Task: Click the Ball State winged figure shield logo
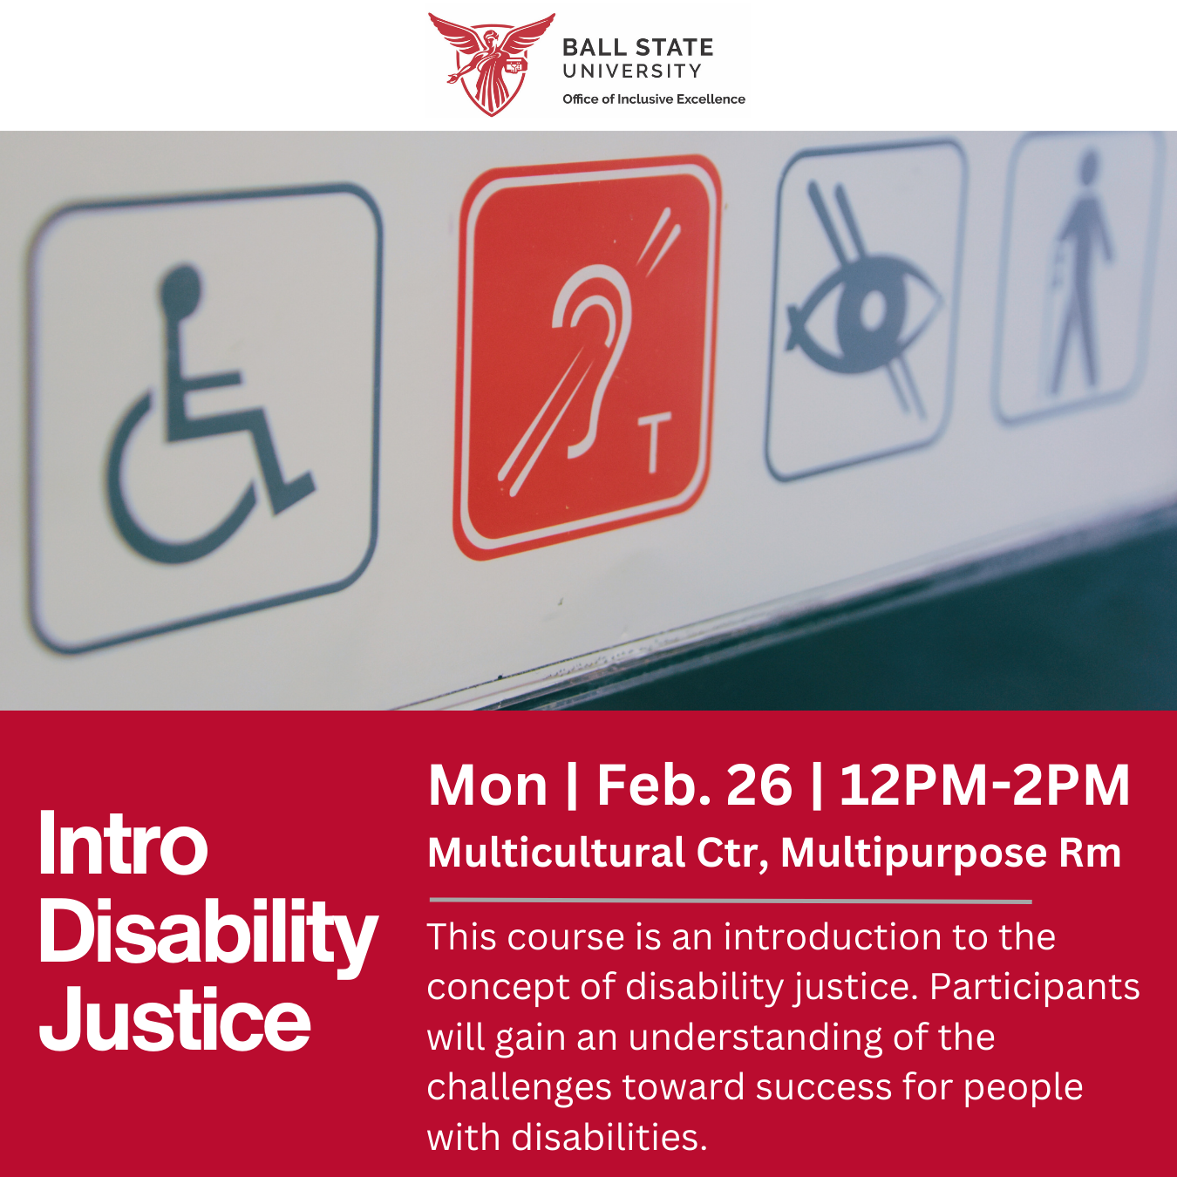pyautogui.click(x=491, y=64)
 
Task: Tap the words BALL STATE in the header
pyautogui.click(x=637, y=47)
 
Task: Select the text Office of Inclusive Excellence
pyautogui.click(x=653, y=99)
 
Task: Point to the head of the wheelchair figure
pyautogui.click(x=181, y=287)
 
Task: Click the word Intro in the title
pyautogui.click(x=123, y=844)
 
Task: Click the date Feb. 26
pyautogui.click(x=694, y=786)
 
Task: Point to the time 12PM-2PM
pyautogui.click(x=984, y=786)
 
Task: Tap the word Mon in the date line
pyautogui.click(x=487, y=786)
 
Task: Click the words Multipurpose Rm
pyautogui.click(x=950, y=853)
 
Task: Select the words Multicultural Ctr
pyautogui.click(x=598, y=853)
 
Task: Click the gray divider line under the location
pyautogui.click(x=730, y=901)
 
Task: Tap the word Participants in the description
pyautogui.click(x=1034, y=987)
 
